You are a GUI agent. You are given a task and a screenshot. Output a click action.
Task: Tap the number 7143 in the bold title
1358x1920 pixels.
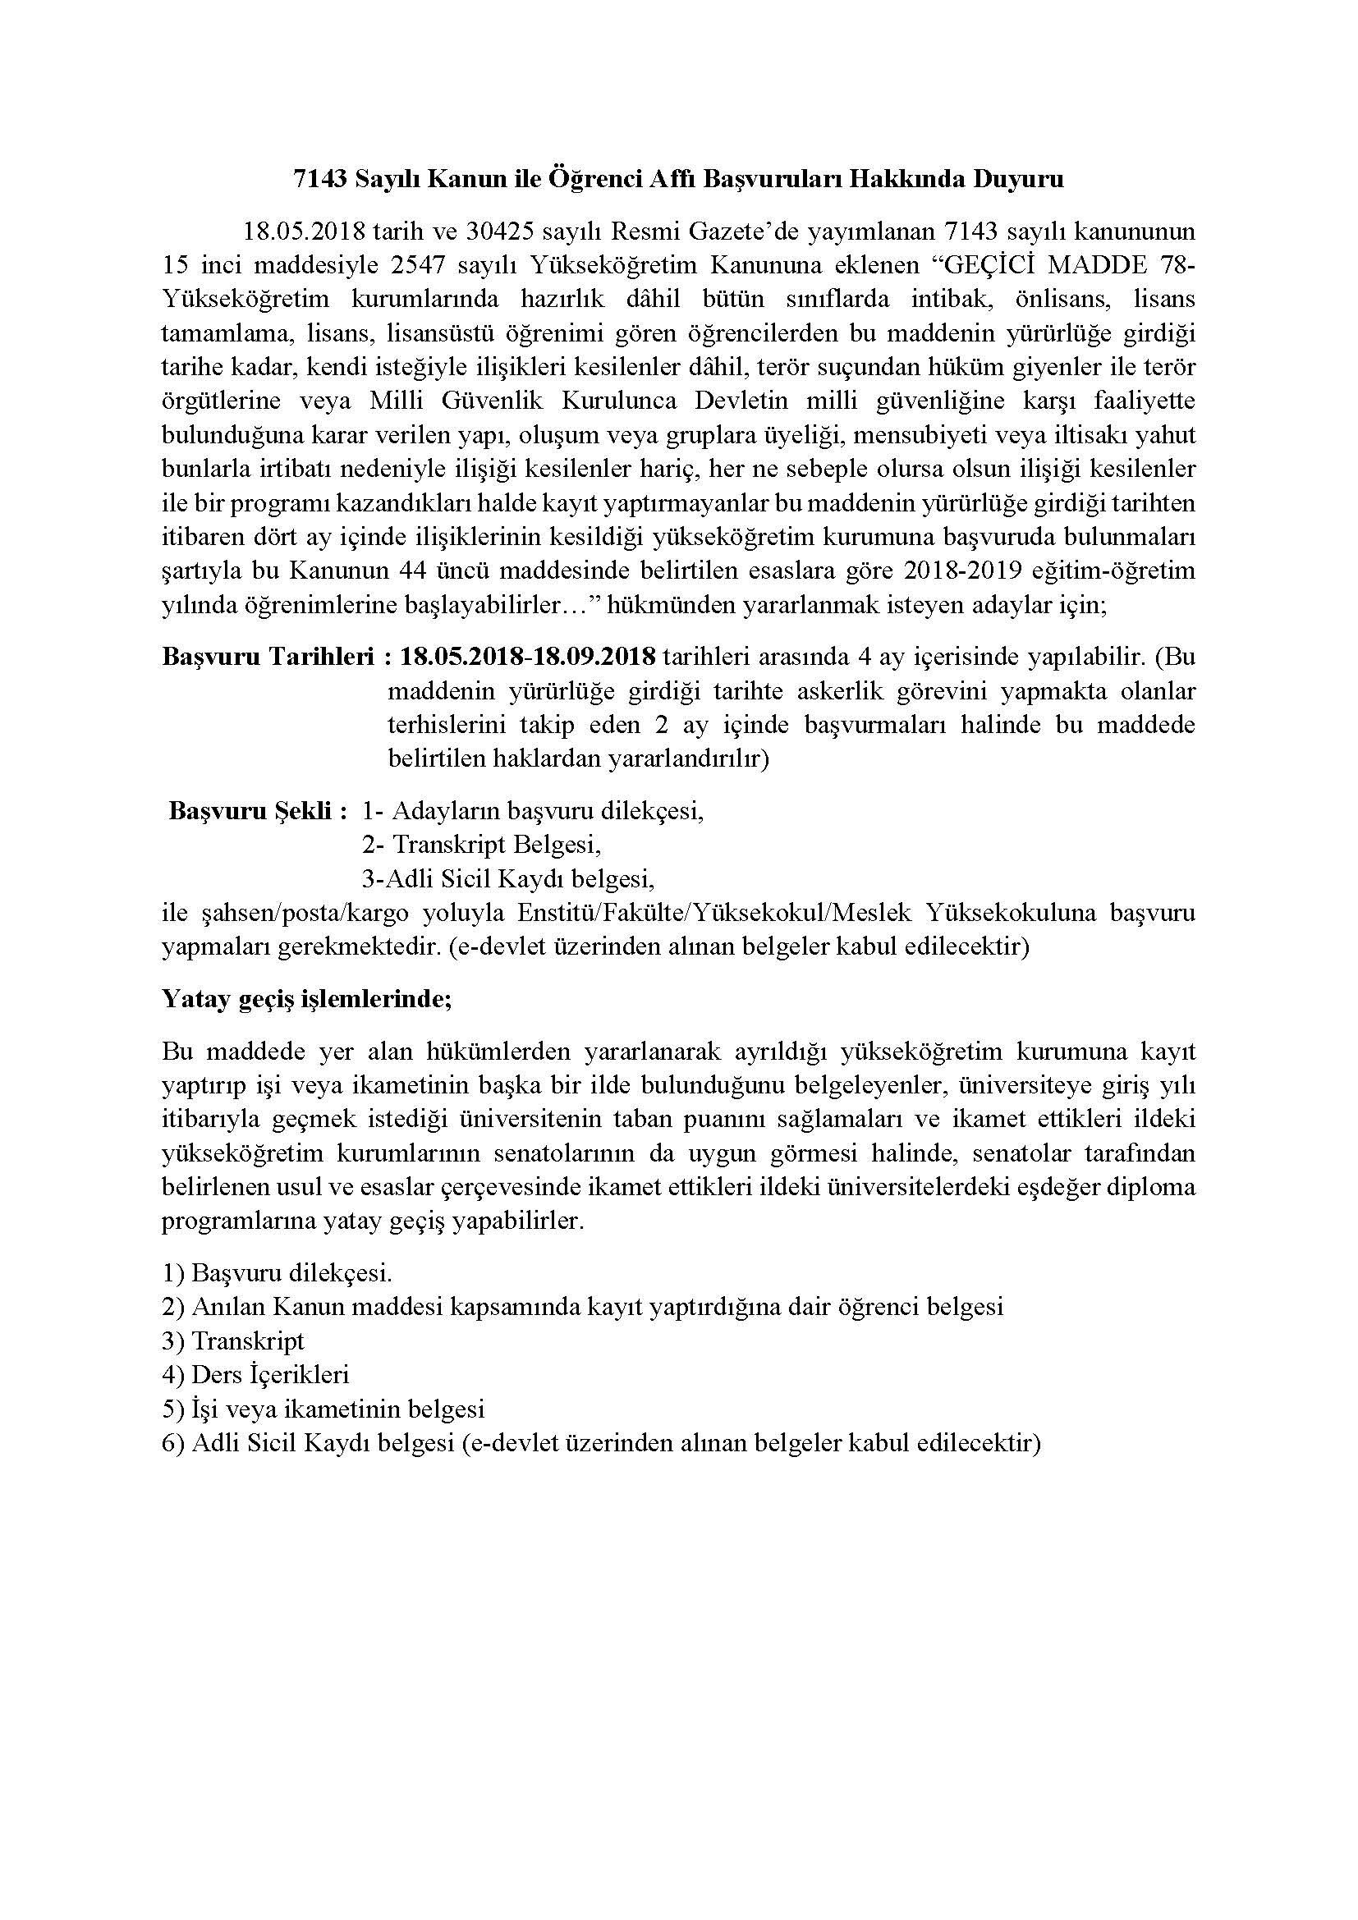coord(319,180)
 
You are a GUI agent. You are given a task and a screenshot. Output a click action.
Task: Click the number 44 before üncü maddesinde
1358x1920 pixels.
coord(429,571)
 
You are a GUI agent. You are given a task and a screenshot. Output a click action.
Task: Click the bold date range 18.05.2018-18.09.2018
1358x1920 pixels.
coord(528,657)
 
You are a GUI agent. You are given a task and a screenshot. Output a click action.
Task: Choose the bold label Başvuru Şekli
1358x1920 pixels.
coord(259,810)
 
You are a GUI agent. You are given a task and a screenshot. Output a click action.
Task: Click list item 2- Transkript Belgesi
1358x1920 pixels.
coord(482,845)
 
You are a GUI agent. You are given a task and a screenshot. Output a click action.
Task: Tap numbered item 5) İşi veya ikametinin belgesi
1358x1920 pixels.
coord(323,1409)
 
